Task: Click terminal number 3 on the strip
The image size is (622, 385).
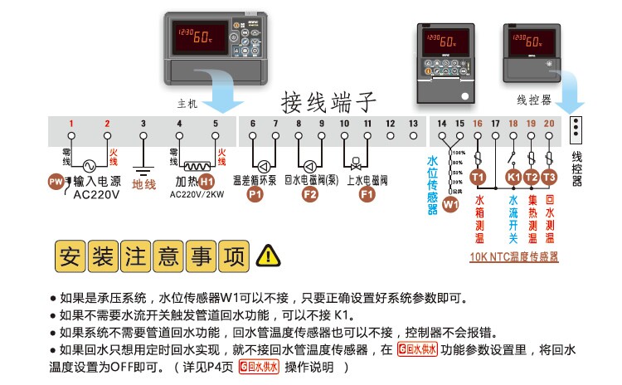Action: tap(143, 124)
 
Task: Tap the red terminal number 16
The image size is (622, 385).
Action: tap(477, 124)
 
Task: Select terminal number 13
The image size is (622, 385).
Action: tap(413, 124)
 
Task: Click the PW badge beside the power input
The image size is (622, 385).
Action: tap(55, 182)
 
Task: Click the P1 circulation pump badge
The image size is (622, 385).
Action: tap(255, 194)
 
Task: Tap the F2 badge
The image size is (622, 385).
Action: tap(309, 194)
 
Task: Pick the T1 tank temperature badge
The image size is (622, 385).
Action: tap(477, 177)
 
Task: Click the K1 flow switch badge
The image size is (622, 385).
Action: tap(513, 177)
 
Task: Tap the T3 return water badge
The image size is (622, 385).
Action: tap(549, 177)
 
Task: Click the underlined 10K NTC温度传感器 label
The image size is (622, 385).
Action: tap(513, 258)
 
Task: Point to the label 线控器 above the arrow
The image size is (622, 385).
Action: tap(534, 100)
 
